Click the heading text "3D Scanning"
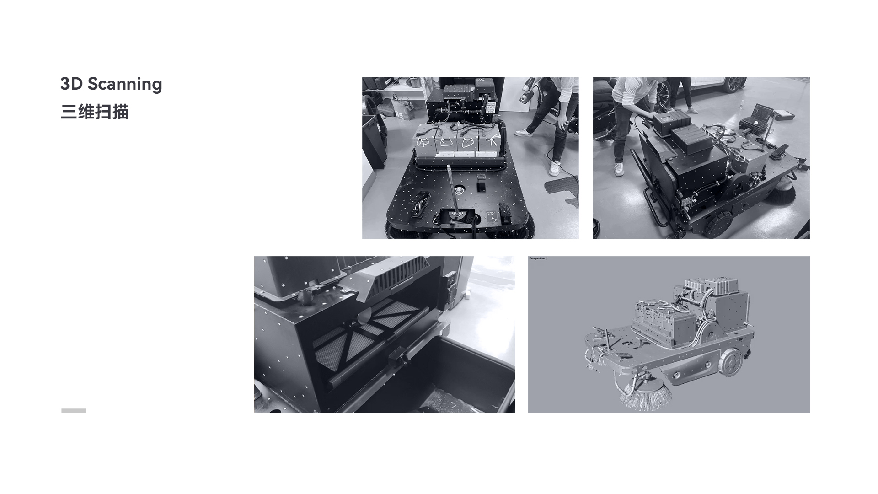pyautogui.click(x=111, y=84)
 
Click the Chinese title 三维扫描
pyautogui.click(x=95, y=112)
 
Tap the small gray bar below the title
pyautogui.click(x=74, y=411)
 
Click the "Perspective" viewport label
pyautogui.click(x=537, y=258)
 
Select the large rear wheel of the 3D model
pyautogui.click(x=729, y=362)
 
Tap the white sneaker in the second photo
pyautogui.click(x=619, y=169)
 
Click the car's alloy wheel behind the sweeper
pyautogui.click(x=734, y=83)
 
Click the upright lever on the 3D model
pyautogui.click(x=608, y=339)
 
